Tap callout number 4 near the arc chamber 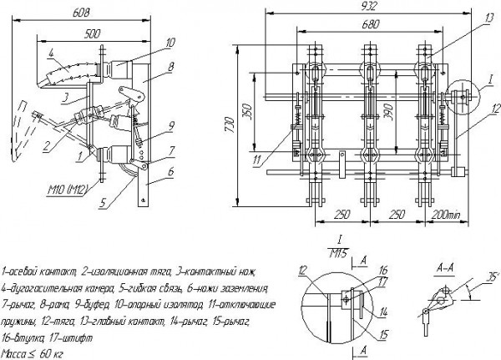pyautogui.click(x=53, y=51)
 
